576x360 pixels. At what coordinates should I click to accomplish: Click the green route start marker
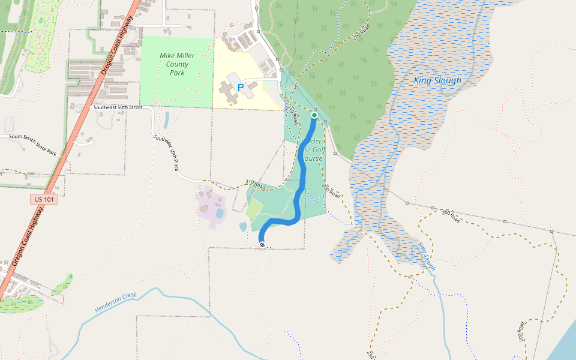[x=314, y=115]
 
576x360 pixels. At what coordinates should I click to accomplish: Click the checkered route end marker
[x=262, y=243]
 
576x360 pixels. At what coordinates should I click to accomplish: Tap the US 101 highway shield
[x=45, y=199]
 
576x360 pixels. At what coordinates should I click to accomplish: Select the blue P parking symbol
[x=241, y=88]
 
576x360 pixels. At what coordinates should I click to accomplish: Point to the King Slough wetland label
[x=437, y=80]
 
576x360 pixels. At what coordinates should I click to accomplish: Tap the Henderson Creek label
[x=116, y=303]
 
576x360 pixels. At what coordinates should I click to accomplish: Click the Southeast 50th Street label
[x=118, y=107]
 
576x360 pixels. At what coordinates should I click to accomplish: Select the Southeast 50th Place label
[x=166, y=152]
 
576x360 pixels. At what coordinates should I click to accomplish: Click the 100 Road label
[x=520, y=331]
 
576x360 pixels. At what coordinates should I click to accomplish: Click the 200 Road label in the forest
[x=362, y=32]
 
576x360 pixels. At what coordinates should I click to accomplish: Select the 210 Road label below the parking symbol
[x=293, y=115]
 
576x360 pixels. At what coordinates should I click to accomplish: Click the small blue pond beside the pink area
[x=220, y=213]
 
